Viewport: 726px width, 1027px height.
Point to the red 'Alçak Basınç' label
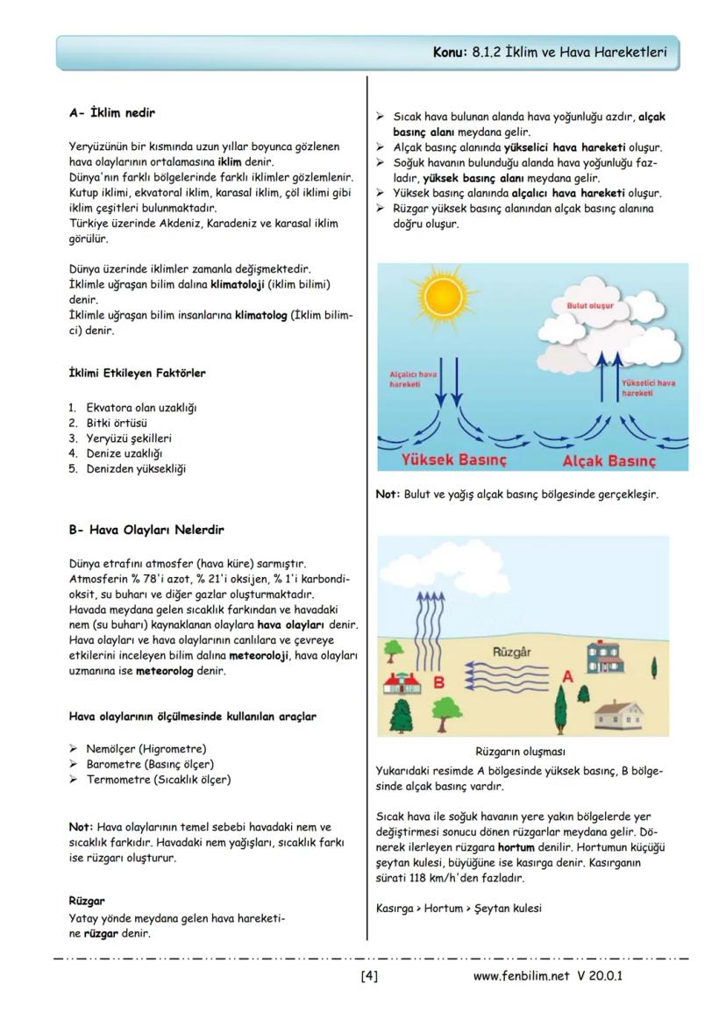609,460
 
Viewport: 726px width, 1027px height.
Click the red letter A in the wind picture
567,676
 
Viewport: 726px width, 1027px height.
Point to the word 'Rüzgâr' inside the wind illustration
513,653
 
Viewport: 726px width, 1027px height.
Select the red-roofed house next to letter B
402,683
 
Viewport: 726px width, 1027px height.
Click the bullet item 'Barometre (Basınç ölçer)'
150,764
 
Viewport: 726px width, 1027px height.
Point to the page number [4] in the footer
369,975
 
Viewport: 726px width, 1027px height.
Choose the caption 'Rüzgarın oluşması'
520,752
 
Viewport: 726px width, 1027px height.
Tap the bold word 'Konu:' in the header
452,53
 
